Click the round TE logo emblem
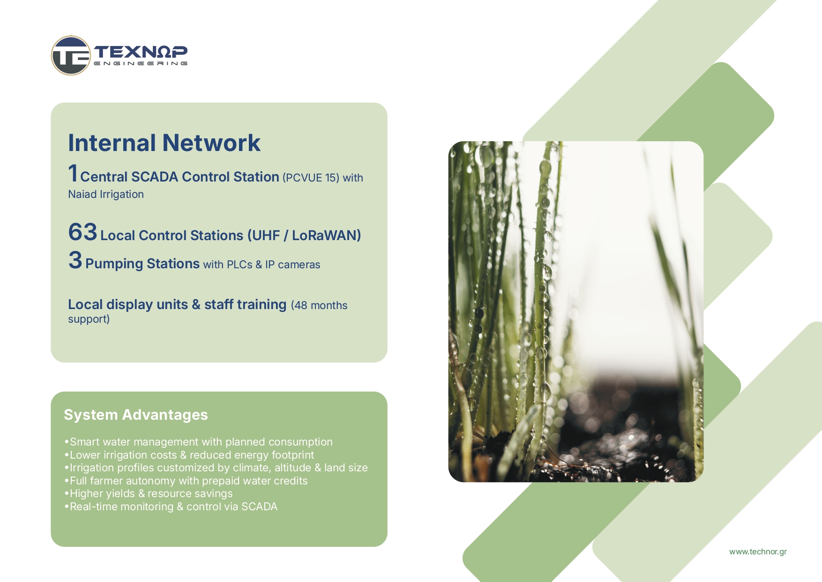click(x=71, y=55)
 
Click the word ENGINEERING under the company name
click(x=141, y=63)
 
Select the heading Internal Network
click(x=164, y=143)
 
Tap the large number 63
click(x=82, y=232)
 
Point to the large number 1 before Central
click(x=73, y=173)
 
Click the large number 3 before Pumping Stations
click(x=75, y=260)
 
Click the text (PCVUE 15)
click(x=311, y=178)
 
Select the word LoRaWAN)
click(x=327, y=235)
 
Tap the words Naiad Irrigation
click(x=106, y=194)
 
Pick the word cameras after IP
click(x=299, y=265)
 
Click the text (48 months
click(x=319, y=305)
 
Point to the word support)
click(x=89, y=319)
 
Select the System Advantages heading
click(x=136, y=415)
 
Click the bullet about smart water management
click(x=199, y=442)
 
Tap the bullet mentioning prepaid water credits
click(x=186, y=481)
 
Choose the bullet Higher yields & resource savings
click(x=149, y=493)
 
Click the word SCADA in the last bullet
click(x=259, y=506)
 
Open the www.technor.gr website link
click(x=758, y=552)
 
